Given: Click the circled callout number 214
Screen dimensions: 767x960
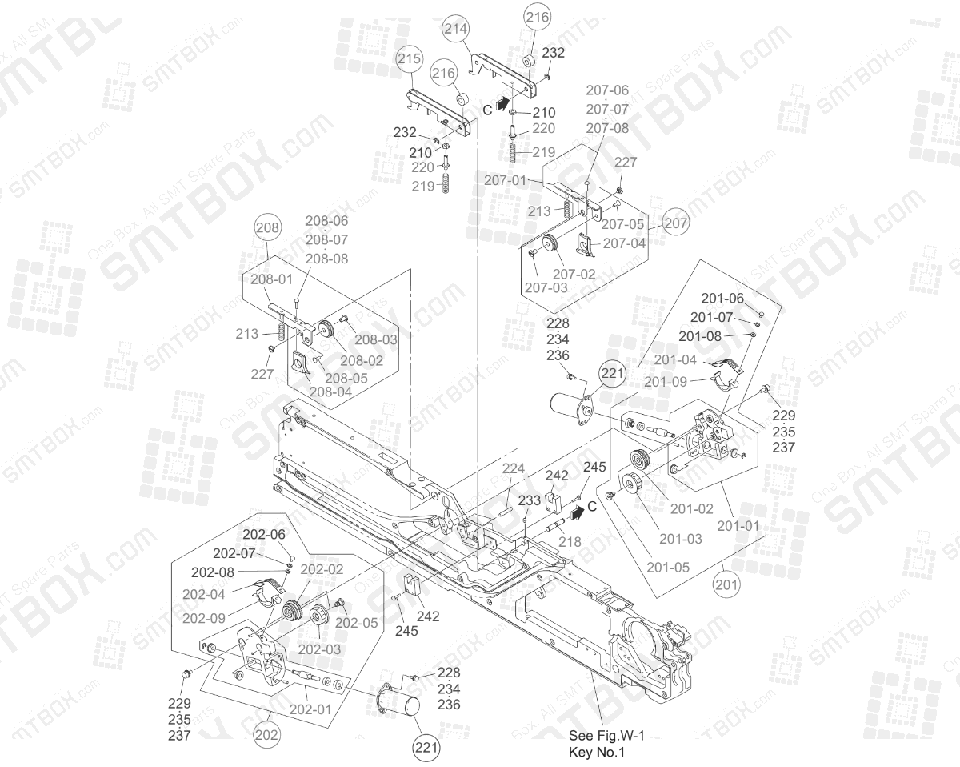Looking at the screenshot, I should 456,29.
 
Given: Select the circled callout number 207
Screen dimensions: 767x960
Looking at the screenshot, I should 676,223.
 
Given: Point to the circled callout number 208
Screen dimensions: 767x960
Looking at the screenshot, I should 268,227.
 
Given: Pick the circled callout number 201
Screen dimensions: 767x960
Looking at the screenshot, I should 726,584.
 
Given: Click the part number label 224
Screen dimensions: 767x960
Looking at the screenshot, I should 513,468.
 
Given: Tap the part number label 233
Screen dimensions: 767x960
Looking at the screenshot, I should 530,500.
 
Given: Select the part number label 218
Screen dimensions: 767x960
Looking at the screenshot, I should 570,542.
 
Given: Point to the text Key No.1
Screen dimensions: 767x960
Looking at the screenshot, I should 596,752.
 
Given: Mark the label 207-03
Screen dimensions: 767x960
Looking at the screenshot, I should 547,287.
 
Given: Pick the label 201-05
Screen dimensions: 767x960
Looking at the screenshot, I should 669,568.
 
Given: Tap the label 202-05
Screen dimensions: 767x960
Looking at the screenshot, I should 356,622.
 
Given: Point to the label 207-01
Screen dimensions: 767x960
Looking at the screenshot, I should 506,180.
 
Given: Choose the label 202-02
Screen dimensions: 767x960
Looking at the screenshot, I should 322,569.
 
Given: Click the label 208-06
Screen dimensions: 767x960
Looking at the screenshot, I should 326,220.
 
